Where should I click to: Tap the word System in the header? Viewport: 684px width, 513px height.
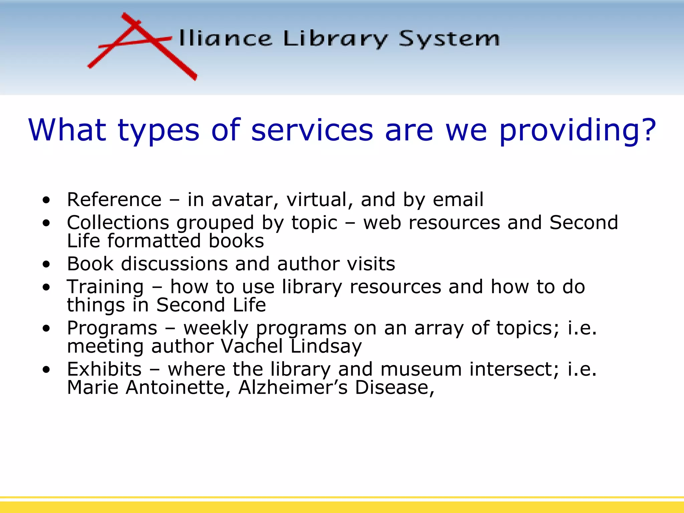[449, 39]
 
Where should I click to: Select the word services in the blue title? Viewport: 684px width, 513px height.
[312, 130]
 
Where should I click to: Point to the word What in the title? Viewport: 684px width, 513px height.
[67, 130]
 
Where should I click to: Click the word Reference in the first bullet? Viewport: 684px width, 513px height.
[114, 200]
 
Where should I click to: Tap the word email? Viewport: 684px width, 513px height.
[458, 200]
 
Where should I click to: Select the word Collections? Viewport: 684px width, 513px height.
[118, 223]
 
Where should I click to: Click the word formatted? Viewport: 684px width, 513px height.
[154, 241]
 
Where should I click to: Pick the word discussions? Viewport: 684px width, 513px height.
[174, 264]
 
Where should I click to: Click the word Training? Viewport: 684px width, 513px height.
[105, 287]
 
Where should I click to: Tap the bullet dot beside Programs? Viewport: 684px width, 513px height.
[46, 328]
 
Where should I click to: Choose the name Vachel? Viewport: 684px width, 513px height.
[252, 346]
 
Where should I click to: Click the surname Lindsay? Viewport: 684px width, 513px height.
[326, 346]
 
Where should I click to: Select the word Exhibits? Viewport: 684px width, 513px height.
[104, 369]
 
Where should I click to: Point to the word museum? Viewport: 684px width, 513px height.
[421, 369]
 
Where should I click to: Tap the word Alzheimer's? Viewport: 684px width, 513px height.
[293, 387]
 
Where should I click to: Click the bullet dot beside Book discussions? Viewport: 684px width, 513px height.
[46, 265]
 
